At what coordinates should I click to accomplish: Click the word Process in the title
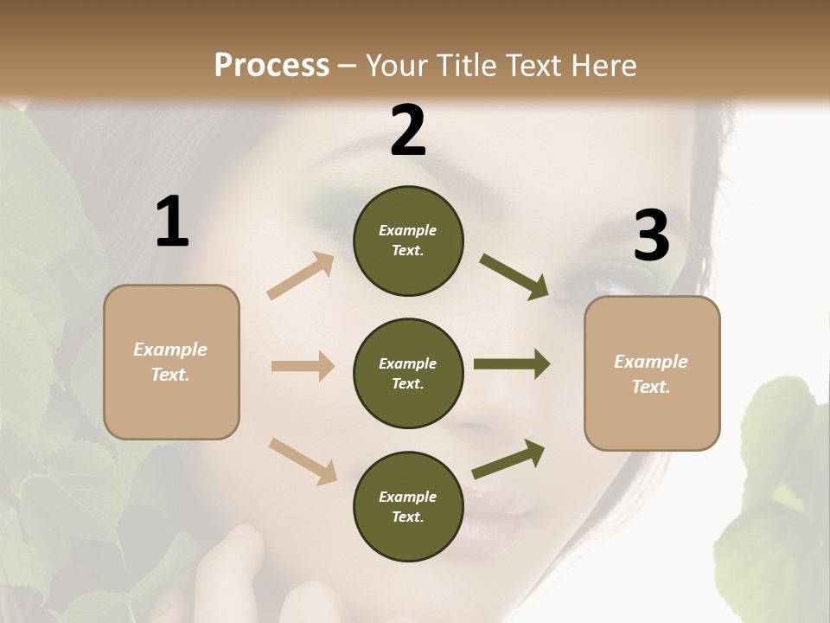coord(271,66)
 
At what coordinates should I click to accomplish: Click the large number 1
coord(172,222)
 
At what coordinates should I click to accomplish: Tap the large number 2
coord(408,131)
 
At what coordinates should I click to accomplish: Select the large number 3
coord(651,236)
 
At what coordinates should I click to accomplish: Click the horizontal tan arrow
coord(303,366)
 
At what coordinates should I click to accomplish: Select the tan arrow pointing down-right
coord(303,461)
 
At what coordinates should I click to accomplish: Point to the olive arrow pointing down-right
coord(514,277)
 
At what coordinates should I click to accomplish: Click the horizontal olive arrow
coord(512,364)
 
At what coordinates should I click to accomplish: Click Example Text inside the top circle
coord(408,241)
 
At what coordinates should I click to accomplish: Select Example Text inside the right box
coord(651,374)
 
